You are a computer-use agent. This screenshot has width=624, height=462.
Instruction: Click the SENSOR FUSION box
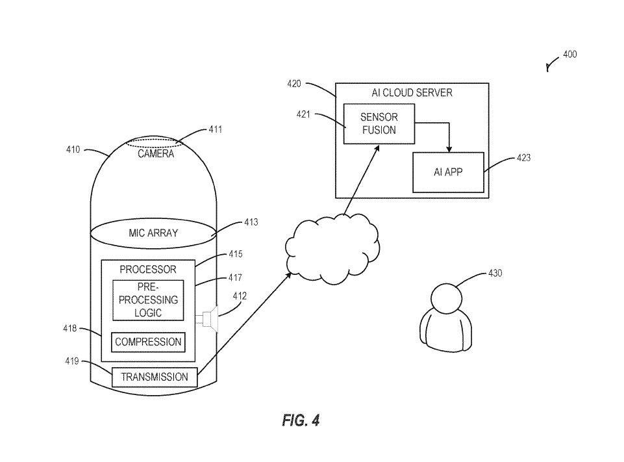379,123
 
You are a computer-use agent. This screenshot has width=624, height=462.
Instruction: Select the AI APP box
448,172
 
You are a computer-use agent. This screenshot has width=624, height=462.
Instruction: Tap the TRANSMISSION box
154,377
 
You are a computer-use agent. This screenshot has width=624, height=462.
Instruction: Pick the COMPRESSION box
147,342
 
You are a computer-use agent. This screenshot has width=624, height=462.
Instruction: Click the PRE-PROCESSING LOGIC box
148,300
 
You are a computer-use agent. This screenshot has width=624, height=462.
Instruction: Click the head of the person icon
447,298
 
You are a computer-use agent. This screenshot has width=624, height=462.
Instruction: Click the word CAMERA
156,154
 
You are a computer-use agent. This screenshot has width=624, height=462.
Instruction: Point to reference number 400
569,55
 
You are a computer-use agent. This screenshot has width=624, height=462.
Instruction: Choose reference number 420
294,83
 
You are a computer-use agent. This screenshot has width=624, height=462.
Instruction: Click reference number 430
495,274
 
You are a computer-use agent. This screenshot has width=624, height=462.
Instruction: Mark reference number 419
71,361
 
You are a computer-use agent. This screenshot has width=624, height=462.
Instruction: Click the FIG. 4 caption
301,420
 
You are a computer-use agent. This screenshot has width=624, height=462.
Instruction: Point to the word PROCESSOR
148,269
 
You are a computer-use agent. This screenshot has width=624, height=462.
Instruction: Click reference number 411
215,129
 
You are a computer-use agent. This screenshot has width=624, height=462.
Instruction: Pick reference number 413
251,222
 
